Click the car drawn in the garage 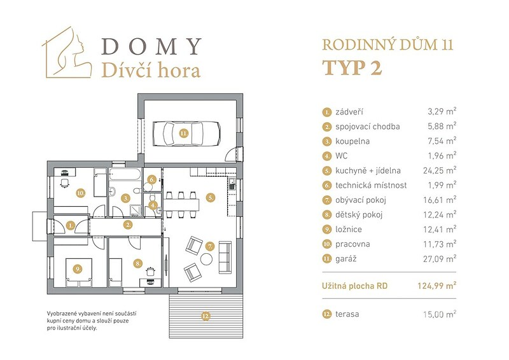(186, 134)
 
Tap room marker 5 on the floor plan (211, 197)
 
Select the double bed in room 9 (78, 272)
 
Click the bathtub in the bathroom (125, 174)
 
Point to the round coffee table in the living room (206, 259)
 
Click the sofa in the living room (225, 257)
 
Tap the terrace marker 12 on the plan (206, 315)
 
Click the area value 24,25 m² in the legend (440, 170)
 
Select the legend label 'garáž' (346, 259)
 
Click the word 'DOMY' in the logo (151, 46)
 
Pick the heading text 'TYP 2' (352, 68)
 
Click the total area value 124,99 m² (437, 286)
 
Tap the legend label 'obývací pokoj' (361, 200)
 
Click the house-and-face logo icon (67, 52)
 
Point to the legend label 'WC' (342, 156)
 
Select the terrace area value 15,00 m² (440, 314)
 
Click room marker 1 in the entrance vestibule (71, 225)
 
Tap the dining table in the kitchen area (181, 205)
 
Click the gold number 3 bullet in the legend (326, 142)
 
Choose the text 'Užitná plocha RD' (355, 286)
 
